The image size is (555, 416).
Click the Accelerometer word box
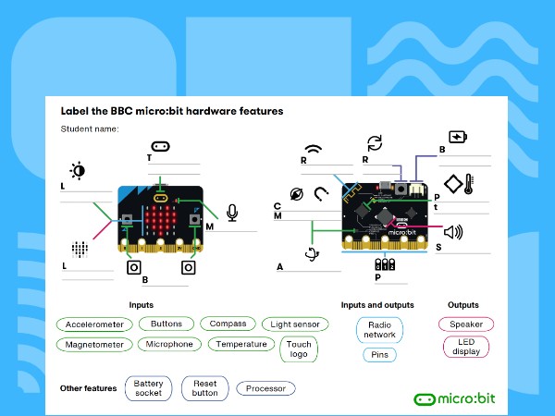click(94, 324)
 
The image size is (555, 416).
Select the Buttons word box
click(166, 324)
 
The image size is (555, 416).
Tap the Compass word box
click(228, 324)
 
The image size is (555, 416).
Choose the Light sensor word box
click(294, 324)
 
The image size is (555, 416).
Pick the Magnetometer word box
click(94, 345)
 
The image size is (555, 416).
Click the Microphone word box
click(169, 345)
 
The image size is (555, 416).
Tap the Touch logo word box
click(300, 349)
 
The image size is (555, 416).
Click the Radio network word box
click(379, 330)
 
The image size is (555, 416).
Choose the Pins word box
click(379, 355)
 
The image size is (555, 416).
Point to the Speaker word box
click(466, 324)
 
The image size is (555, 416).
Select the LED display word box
click(466, 347)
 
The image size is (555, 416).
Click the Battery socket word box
click(148, 387)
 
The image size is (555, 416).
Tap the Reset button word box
click(204, 387)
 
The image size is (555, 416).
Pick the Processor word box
click(266, 388)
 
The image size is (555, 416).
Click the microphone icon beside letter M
click(231, 214)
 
